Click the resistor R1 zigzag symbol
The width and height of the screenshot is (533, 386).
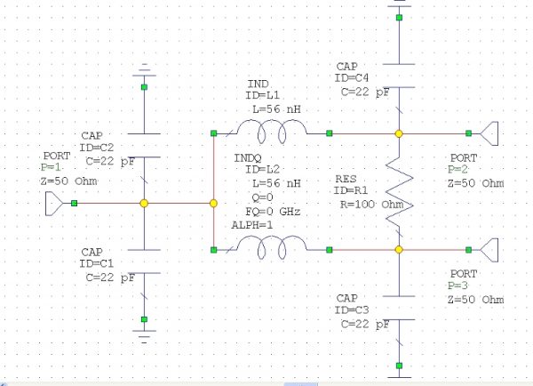tap(399, 191)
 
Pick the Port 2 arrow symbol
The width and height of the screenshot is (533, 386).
tap(488, 133)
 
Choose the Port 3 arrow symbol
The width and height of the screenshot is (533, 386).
tap(488, 249)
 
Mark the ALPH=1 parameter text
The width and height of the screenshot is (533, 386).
tap(252, 226)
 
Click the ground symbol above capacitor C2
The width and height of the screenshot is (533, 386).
tap(144, 68)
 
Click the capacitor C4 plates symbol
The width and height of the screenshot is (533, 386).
tap(399, 76)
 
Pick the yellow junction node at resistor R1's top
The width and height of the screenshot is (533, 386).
tap(399, 133)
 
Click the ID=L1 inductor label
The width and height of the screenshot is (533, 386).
tap(264, 94)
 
